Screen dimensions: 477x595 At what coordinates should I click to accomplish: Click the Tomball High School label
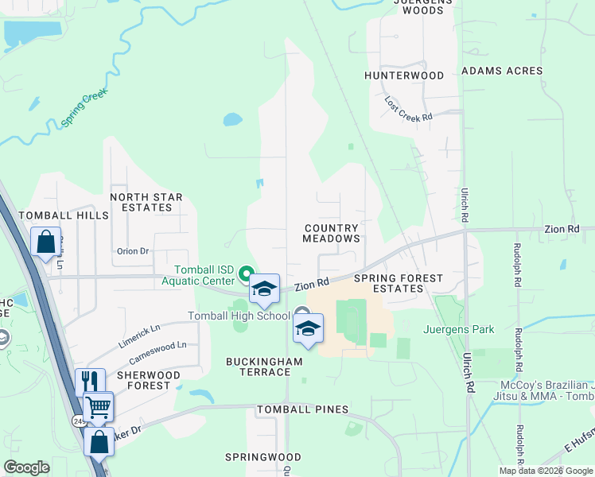(239, 316)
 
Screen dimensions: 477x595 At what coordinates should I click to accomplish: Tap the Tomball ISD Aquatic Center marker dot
(247, 270)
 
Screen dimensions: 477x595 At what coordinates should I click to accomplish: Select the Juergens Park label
(460, 329)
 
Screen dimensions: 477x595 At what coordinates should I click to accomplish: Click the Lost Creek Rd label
(408, 109)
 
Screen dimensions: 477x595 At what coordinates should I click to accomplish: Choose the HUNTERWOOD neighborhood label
(404, 76)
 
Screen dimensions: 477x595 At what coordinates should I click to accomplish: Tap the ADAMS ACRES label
(502, 71)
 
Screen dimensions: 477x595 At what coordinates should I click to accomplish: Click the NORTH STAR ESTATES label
(146, 202)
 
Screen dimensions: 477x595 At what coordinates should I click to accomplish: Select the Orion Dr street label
(133, 251)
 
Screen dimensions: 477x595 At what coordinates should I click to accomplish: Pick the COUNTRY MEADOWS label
(332, 233)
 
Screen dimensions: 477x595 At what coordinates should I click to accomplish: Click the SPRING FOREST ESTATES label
(388, 283)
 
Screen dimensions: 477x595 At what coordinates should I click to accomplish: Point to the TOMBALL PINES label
(302, 409)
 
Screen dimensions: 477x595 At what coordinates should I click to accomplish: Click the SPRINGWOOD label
(262, 457)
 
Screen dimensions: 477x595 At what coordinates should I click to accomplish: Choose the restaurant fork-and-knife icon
(90, 382)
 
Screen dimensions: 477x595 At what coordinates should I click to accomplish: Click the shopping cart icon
(98, 407)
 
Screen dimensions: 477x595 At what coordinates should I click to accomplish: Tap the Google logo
(26, 468)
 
